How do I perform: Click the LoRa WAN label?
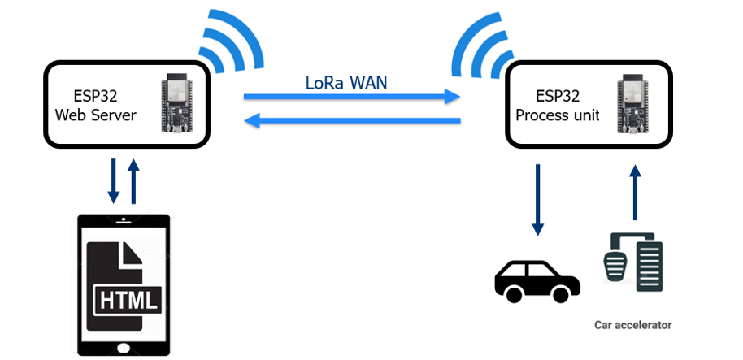345,81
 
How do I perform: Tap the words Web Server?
95,115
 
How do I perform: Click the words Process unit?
557,115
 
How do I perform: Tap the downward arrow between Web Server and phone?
113,181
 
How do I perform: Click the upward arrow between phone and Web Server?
135,181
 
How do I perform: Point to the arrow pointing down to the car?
537,200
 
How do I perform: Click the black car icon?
537,279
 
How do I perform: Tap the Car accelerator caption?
633,325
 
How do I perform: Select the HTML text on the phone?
129,300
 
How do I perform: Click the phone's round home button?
124,348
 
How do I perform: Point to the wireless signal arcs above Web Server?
231,41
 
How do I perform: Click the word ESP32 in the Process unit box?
557,96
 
